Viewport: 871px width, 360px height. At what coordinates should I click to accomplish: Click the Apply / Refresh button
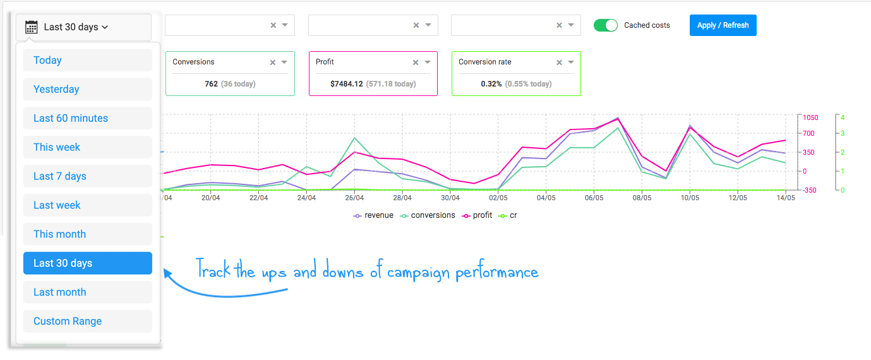click(723, 25)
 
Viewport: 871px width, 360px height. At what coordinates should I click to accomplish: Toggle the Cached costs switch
click(605, 25)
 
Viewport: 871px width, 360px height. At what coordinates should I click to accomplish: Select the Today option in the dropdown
click(87, 60)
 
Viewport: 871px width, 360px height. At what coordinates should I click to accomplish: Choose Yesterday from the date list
click(87, 89)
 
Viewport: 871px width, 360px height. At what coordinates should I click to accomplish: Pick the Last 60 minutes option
click(87, 118)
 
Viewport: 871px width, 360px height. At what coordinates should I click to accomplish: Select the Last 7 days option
click(87, 176)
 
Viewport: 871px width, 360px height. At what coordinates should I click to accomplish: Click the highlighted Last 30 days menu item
click(87, 263)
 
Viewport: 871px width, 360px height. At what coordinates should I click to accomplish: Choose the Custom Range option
click(87, 321)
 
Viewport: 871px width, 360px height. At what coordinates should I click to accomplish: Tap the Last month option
click(87, 292)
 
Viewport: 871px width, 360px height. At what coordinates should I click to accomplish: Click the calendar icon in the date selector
click(31, 27)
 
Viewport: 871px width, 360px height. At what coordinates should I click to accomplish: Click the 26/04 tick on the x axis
click(354, 198)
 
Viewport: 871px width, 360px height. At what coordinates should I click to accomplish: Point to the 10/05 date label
click(690, 198)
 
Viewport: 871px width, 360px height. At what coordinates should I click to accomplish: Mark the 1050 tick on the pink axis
click(810, 117)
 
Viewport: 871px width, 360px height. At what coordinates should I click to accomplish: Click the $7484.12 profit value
click(346, 84)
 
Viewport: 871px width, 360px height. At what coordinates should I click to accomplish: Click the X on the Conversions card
click(273, 63)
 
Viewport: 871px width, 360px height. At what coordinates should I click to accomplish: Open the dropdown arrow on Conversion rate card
click(571, 62)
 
